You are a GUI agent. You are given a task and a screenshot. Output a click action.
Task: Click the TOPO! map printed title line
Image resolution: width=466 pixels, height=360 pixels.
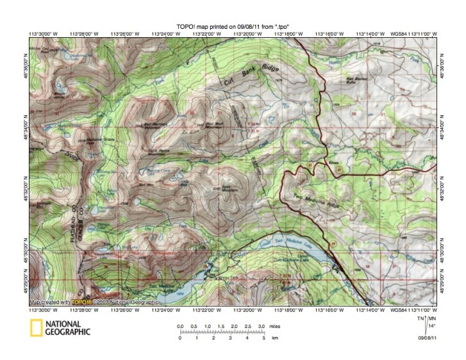click(233, 26)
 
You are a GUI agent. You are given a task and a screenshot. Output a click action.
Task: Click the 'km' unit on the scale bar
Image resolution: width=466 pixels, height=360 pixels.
click(275, 338)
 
